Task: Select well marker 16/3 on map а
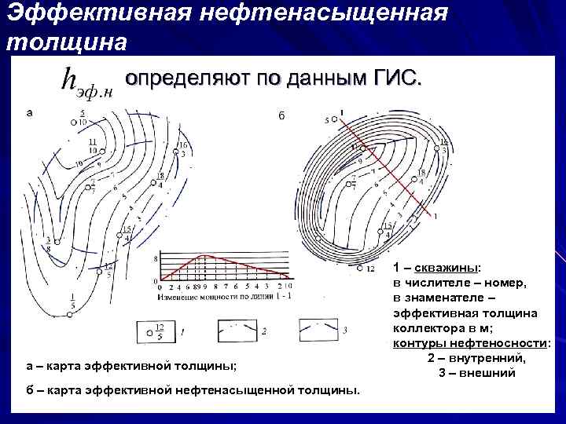pos(181,150)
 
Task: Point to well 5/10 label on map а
pos(83,118)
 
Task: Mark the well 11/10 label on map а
pos(92,144)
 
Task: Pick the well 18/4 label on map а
pos(160,181)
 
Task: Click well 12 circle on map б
pos(359,269)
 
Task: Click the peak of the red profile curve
pos(204,256)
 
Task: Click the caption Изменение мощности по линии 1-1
pos(213,297)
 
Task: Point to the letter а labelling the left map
pos(29,113)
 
